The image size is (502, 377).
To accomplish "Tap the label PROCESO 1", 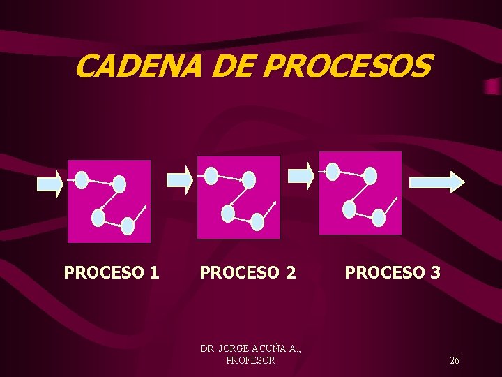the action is pos(112,272).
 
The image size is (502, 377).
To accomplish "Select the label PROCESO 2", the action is pos(248,272).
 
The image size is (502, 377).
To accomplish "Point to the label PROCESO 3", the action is pos(393,272).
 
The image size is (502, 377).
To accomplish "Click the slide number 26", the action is pos(455,360).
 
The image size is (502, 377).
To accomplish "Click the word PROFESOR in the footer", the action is pos(251,360).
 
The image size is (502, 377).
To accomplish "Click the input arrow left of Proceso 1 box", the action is pos(50,184).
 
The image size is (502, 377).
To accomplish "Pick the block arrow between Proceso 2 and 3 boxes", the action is pos(301,175).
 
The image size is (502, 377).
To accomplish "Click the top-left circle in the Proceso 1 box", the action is pos(82,180).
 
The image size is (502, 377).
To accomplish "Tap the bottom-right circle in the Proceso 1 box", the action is pos(128,226).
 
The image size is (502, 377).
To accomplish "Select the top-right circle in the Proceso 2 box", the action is pos(249,180).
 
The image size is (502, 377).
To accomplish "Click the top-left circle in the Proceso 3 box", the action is pos(333,171).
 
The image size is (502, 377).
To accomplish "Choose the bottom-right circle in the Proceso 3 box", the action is pos(379,218).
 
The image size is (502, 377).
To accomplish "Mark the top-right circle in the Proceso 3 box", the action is pos(370,176).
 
